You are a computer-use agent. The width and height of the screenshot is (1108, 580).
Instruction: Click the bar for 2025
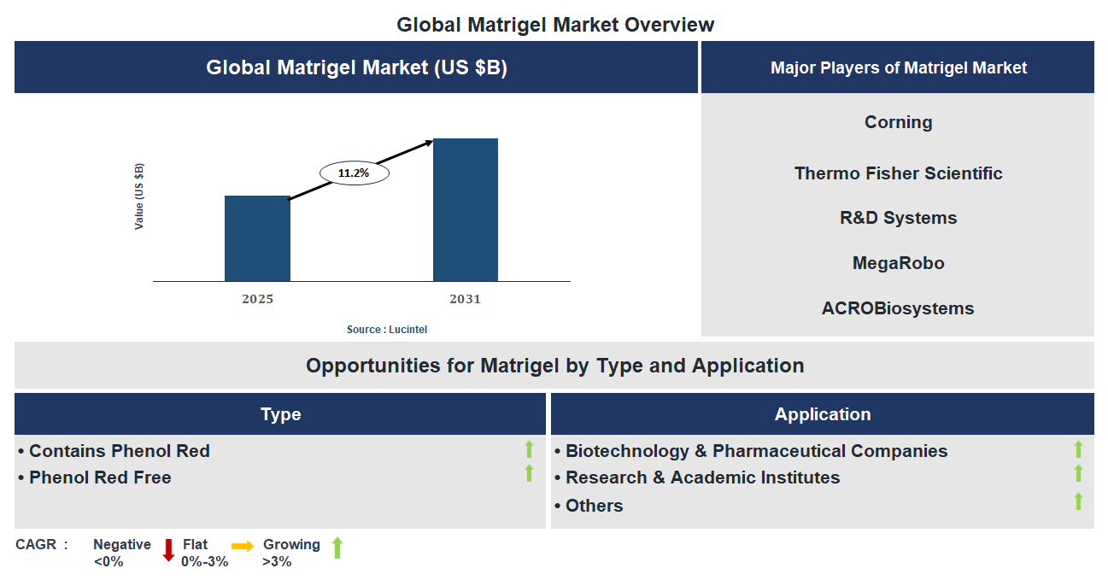(x=257, y=238)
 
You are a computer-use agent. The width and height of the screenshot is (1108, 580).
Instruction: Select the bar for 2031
(x=466, y=209)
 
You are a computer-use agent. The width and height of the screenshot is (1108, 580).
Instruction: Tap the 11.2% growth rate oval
(x=354, y=173)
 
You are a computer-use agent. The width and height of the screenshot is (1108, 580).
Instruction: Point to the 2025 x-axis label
(x=257, y=299)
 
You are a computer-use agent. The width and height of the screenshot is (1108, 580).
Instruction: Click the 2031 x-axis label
(x=466, y=299)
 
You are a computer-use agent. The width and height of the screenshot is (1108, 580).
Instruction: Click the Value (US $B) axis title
(x=139, y=196)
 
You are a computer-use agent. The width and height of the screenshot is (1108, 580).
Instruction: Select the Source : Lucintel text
(x=387, y=330)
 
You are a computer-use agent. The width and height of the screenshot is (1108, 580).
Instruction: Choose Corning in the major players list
(x=898, y=122)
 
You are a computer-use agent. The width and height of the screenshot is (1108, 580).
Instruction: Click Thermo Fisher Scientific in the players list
(x=898, y=173)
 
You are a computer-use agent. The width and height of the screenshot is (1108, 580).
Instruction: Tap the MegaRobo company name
(x=898, y=263)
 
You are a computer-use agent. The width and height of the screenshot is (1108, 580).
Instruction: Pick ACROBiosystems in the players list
(x=898, y=308)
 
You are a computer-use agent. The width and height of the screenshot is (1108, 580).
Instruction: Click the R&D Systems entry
(x=898, y=218)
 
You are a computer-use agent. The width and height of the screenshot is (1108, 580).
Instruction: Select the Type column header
(x=280, y=414)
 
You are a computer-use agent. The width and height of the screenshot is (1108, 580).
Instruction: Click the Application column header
(x=822, y=414)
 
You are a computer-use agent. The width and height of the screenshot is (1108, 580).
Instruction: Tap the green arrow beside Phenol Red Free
(x=529, y=473)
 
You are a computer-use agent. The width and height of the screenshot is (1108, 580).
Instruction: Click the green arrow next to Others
(x=1078, y=501)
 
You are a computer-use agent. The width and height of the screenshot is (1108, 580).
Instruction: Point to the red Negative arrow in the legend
(x=168, y=549)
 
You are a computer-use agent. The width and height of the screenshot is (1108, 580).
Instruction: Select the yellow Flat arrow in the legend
(x=243, y=547)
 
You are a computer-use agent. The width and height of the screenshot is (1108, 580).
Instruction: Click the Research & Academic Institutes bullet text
(x=702, y=477)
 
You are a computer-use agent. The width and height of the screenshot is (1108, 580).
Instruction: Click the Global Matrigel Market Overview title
(x=555, y=25)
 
